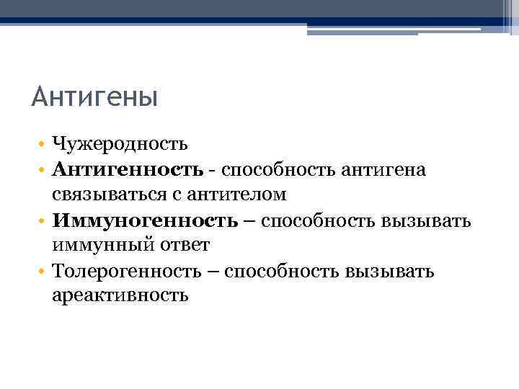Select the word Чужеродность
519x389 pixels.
(120, 144)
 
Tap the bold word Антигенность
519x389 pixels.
(128, 169)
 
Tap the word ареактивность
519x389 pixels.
(120, 295)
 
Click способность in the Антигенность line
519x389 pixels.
(268, 170)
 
